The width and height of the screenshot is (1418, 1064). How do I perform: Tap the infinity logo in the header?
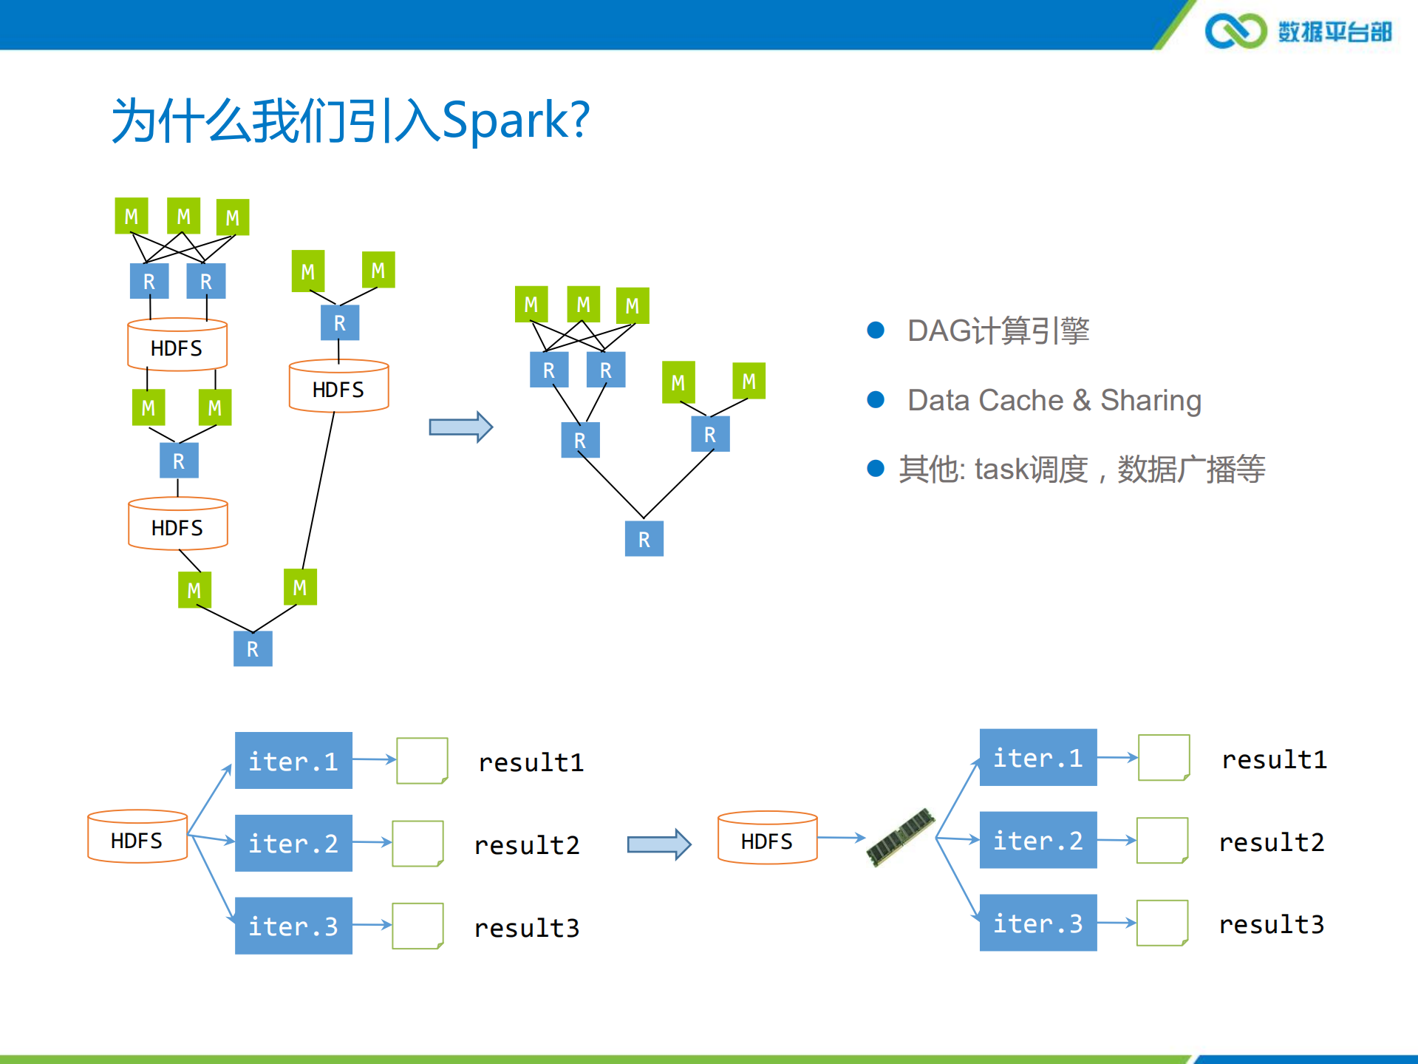(1235, 31)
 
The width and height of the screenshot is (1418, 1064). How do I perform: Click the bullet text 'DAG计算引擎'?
(998, 331)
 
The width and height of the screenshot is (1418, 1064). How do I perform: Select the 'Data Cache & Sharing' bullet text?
(1054, 400)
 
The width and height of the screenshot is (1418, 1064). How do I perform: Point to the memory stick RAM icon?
(901, 837)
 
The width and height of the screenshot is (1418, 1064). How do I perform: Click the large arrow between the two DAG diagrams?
(460, 427)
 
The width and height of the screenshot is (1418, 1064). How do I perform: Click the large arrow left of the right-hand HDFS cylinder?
(658, 844)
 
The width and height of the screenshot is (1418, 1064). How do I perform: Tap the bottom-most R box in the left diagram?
(253, 649)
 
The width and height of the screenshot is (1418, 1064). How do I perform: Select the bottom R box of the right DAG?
(644, 539)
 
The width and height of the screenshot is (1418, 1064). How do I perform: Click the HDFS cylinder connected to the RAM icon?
(767, 838)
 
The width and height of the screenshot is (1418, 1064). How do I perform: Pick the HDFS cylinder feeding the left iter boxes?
(137, 837)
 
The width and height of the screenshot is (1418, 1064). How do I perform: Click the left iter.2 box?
(293, 843)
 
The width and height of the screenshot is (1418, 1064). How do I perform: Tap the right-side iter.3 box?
(1037, 923)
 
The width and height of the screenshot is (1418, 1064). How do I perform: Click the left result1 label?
(531, 762)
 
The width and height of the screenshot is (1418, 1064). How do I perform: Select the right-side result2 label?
(1271, 842)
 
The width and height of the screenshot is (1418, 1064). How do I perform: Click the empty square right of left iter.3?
(417, 925)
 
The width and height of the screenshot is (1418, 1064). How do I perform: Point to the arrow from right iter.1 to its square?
(1117, 757)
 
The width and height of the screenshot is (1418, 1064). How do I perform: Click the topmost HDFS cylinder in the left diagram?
(177, 345)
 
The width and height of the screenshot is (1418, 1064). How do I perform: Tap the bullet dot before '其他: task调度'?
(876, 468)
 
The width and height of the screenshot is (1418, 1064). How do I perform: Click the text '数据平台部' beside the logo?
(1335, 32)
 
